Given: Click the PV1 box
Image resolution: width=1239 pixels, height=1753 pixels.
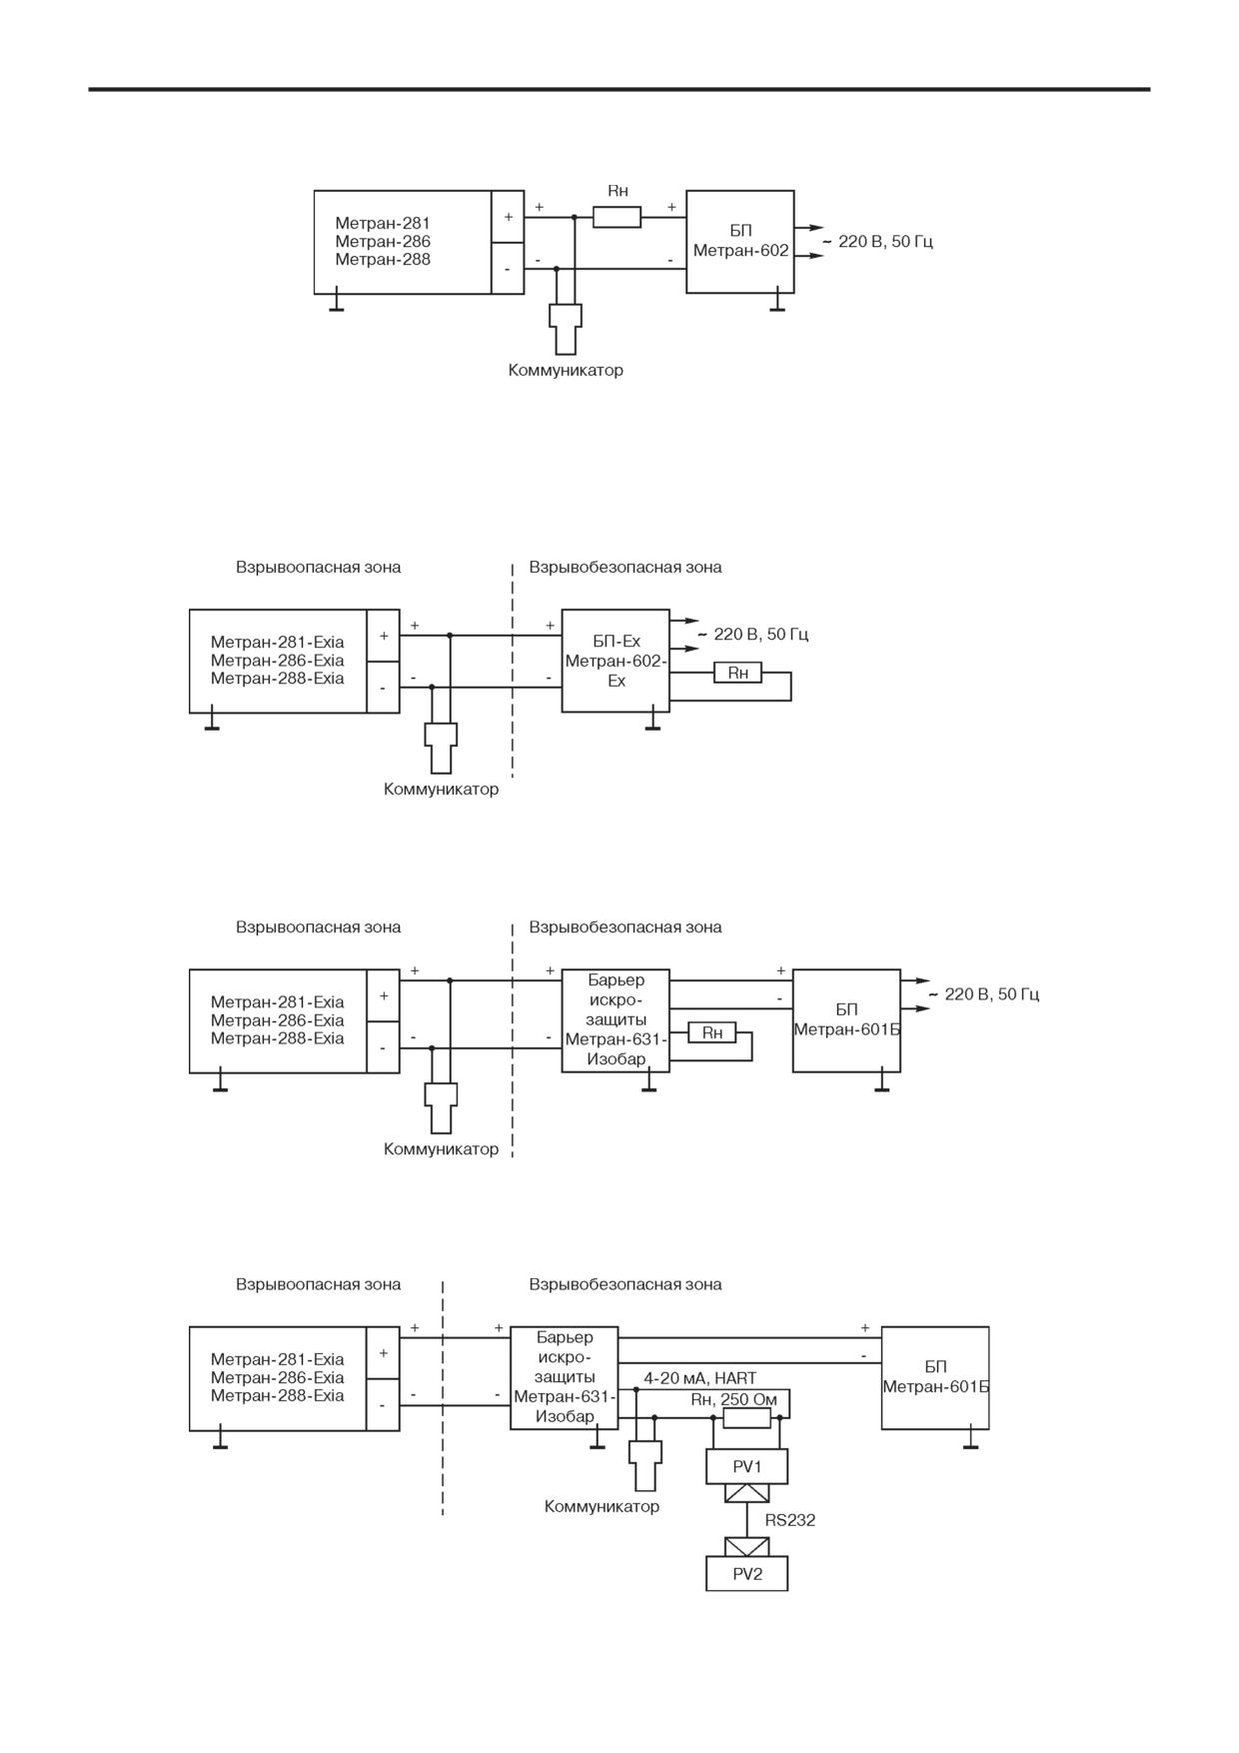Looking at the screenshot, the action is (x=746, y=1466).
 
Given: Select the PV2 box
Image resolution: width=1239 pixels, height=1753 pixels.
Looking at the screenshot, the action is (x=746, y=1574).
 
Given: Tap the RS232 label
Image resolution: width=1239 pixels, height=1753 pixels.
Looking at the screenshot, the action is (x=790, y=1520).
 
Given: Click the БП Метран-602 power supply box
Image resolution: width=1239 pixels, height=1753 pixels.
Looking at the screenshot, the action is (x=740, y=242).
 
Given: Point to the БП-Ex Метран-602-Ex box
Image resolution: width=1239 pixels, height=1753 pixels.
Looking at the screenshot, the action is (x=616, y=661).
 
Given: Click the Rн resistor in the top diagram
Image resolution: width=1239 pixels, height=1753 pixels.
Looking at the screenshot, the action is (x=617, y=217).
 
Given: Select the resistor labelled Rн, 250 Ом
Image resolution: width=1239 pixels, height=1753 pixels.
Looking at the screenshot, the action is (x=746, y=1417).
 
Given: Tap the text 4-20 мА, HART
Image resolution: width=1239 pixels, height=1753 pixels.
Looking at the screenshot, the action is (x=699, y=1378).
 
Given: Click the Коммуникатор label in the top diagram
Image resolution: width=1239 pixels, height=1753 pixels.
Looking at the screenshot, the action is (x=566, y=370).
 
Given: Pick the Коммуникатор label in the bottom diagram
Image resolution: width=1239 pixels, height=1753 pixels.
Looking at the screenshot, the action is (x=602, y=1506).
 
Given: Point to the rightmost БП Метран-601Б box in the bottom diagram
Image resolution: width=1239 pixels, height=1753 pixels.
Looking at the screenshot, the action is (x=935, y=1378).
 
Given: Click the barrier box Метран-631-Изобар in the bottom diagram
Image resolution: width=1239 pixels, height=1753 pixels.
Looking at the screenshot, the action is (x=565, y=1378).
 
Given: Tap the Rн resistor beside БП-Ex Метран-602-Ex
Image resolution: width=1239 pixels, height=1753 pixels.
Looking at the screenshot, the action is (x=737, y=673).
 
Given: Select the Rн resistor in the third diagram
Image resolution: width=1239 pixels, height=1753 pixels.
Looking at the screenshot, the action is (x=712, y=1032).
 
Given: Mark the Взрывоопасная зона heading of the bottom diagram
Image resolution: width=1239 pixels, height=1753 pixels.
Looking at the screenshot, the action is (x=319, y=1284).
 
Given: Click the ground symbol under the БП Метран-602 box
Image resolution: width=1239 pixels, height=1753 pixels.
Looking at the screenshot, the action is (x=777, y=303).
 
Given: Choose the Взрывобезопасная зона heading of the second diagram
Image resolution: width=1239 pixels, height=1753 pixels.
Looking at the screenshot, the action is (x=625, y=567).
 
